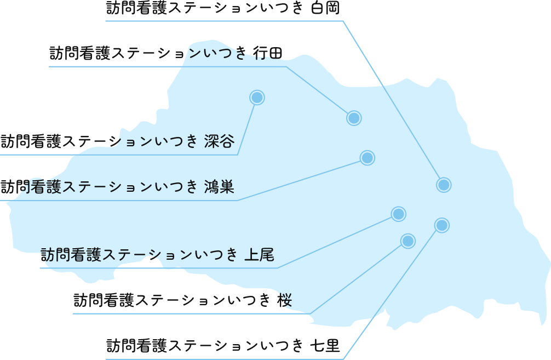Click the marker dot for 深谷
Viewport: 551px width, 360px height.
[257, 98]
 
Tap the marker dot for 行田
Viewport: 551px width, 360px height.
[354, 118]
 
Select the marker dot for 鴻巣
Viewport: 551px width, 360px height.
[367, 158]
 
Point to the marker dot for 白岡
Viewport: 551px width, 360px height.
[444, 185]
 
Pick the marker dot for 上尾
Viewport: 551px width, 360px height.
[398, 214]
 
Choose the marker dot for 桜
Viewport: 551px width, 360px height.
[407, 241]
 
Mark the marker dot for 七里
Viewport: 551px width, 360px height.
[441, 225]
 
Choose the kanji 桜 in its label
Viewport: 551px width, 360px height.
[284, 301]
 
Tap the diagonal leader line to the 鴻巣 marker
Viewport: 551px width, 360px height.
[301, 179]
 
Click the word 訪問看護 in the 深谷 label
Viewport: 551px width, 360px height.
[32, 142]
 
